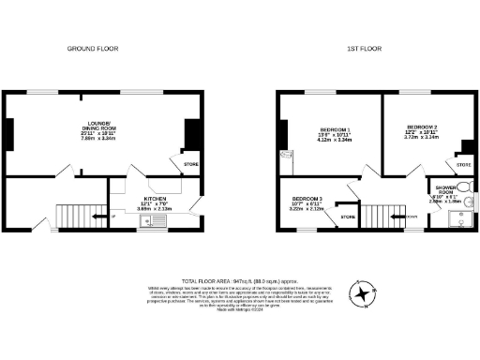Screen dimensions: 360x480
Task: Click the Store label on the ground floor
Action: point(190,166)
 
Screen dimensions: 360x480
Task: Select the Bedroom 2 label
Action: point(422,130)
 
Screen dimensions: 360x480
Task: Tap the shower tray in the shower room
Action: point(459,221)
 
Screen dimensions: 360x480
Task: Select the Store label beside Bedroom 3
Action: point(347,217)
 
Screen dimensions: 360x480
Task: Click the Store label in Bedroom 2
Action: point(463,166)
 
